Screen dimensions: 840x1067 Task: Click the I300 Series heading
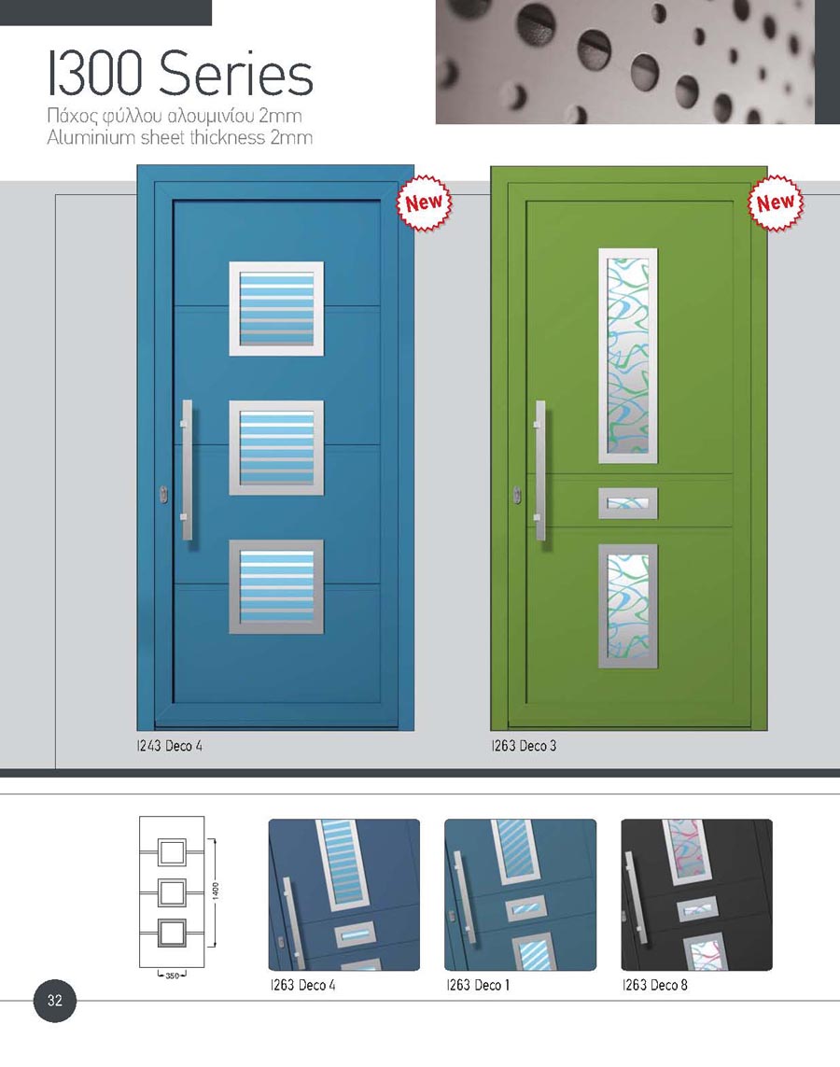(x=181, y=74)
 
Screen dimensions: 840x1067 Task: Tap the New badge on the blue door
(x=424, y=203)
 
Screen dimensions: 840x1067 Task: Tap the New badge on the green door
(x=776, y=203)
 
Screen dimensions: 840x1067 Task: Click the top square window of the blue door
(x=276, y=308)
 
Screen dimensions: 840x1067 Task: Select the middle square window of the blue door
(x=276, y=448)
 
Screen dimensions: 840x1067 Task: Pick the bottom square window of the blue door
(x=276, y=586)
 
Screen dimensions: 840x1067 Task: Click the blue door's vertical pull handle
(x=187, y=470)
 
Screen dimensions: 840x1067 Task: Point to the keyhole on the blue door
(x=163, y=495)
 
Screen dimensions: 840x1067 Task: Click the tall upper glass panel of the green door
(x=628, y=356)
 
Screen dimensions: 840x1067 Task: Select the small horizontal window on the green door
(x=628, y=503)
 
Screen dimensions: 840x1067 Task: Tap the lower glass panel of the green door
(x=628, y=606)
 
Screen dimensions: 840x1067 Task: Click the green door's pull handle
(x=540, y=470)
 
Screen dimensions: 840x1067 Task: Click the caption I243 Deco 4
(x=169, y=746)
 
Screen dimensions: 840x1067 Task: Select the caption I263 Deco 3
(x=524, y=746)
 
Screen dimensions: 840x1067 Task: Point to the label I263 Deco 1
(x=478, y=985)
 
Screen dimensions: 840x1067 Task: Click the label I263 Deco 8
(x=655, y=985)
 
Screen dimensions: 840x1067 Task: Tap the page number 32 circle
(x=55, y=1001)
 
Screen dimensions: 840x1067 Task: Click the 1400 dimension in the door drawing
(x=216, y=890)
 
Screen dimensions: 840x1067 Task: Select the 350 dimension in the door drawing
(x=172, y=976)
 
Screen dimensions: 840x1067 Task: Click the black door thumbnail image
(x=696, y=895)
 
